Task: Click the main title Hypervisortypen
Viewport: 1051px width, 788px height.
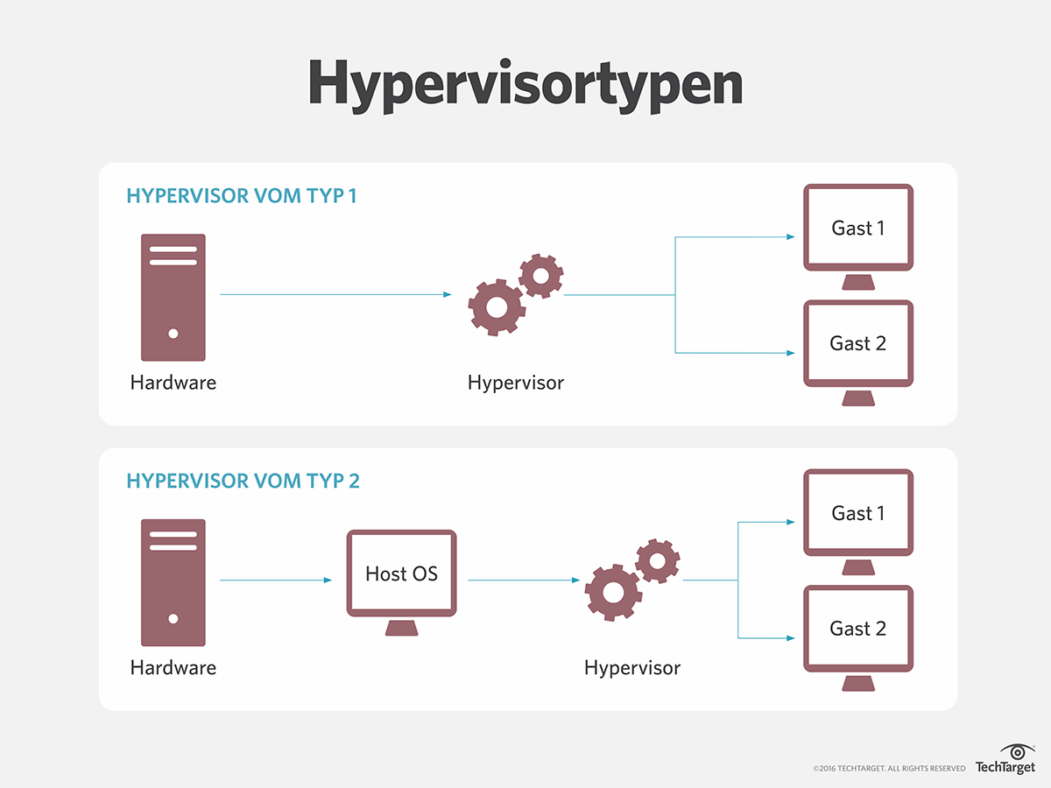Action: (x=525, y=85)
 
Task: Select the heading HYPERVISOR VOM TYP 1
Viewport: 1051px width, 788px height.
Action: (x=242, y=195)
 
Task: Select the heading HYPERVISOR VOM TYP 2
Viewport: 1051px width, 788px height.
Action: (x=243, y=481)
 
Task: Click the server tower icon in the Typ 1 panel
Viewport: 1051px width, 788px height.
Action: (x=173, y=297)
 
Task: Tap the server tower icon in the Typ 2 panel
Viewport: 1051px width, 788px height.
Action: (x=173, y=582)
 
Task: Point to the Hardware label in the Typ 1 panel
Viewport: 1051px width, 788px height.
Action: (x=173, y=383)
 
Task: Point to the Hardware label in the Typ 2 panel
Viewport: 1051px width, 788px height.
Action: (x=173, y=668)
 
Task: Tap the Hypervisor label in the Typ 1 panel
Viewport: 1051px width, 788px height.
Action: (x=516, y=383)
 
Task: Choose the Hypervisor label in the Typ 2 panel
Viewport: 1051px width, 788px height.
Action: (x=632, y=668)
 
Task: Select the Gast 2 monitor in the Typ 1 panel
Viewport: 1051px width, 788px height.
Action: (x=858, y=345)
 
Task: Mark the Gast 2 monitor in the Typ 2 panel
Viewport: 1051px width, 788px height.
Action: (x=858, y=630)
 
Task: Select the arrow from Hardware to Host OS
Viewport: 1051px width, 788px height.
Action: (x=276, y=580)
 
